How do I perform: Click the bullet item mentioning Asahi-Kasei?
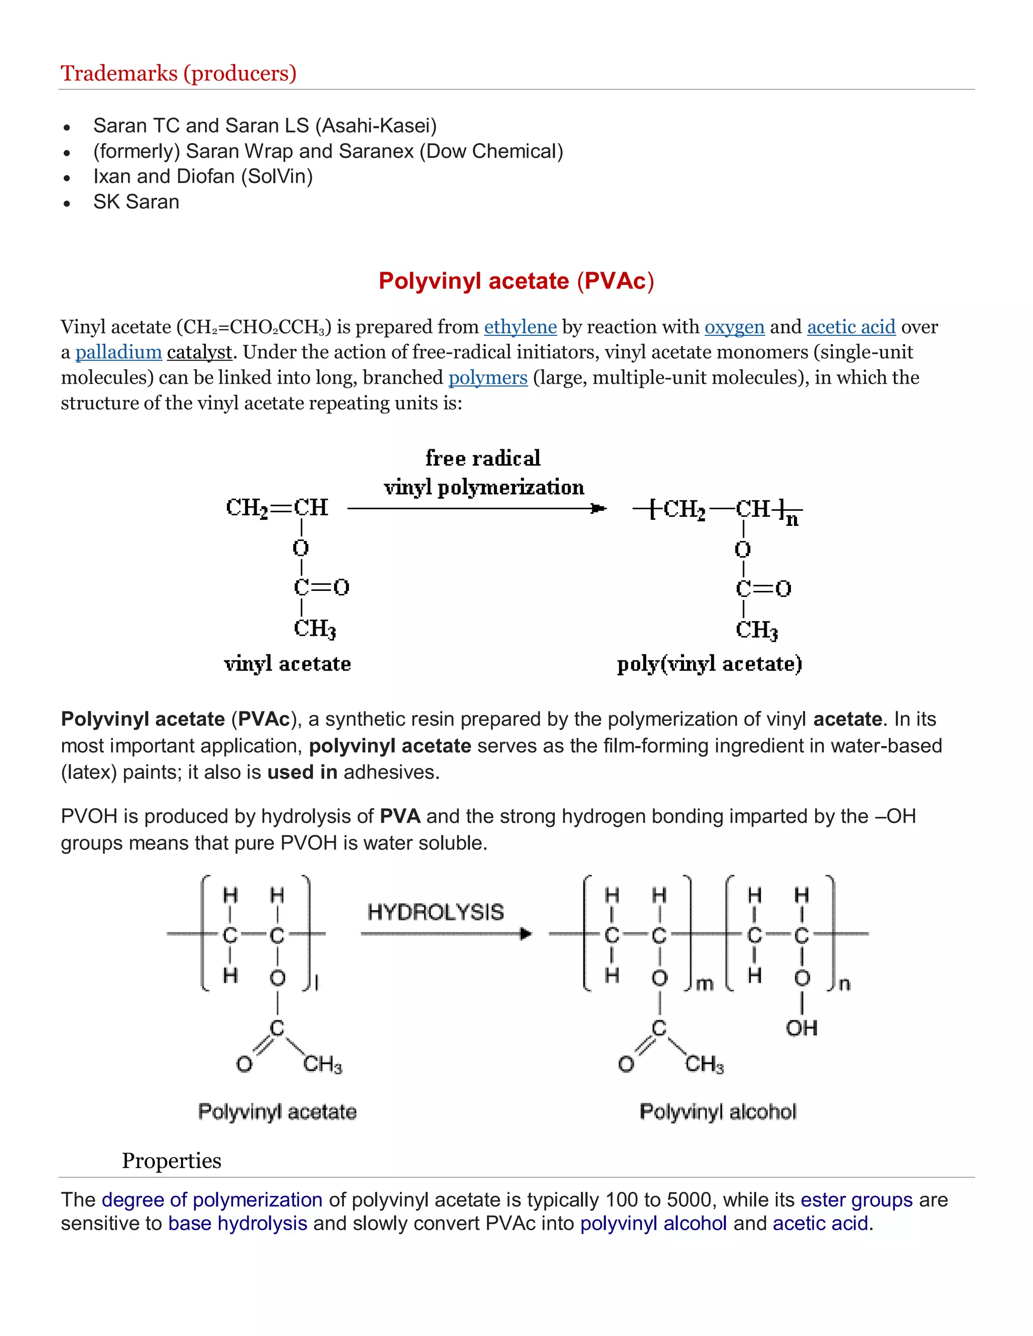(264, 126)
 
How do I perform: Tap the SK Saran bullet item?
(136, 202)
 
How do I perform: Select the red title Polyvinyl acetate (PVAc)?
(516, 281)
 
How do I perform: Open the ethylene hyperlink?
(520, 327)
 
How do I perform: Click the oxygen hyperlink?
(734, 327)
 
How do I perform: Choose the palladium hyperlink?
(118, 352)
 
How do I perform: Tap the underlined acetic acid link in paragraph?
(850, 327)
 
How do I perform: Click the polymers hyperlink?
(488, 378)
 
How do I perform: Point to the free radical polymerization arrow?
(476, 508)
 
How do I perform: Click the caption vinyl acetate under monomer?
(287, 664)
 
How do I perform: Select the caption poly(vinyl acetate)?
(709, 664)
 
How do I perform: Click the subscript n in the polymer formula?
(792, 521)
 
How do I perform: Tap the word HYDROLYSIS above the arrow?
(435, 913)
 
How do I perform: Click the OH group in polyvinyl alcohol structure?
(801, 1028)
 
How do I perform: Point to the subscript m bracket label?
(705, 984)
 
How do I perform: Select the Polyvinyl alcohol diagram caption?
(717, 1112)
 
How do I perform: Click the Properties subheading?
(171, 1161)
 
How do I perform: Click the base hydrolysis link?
(238, 1224)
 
